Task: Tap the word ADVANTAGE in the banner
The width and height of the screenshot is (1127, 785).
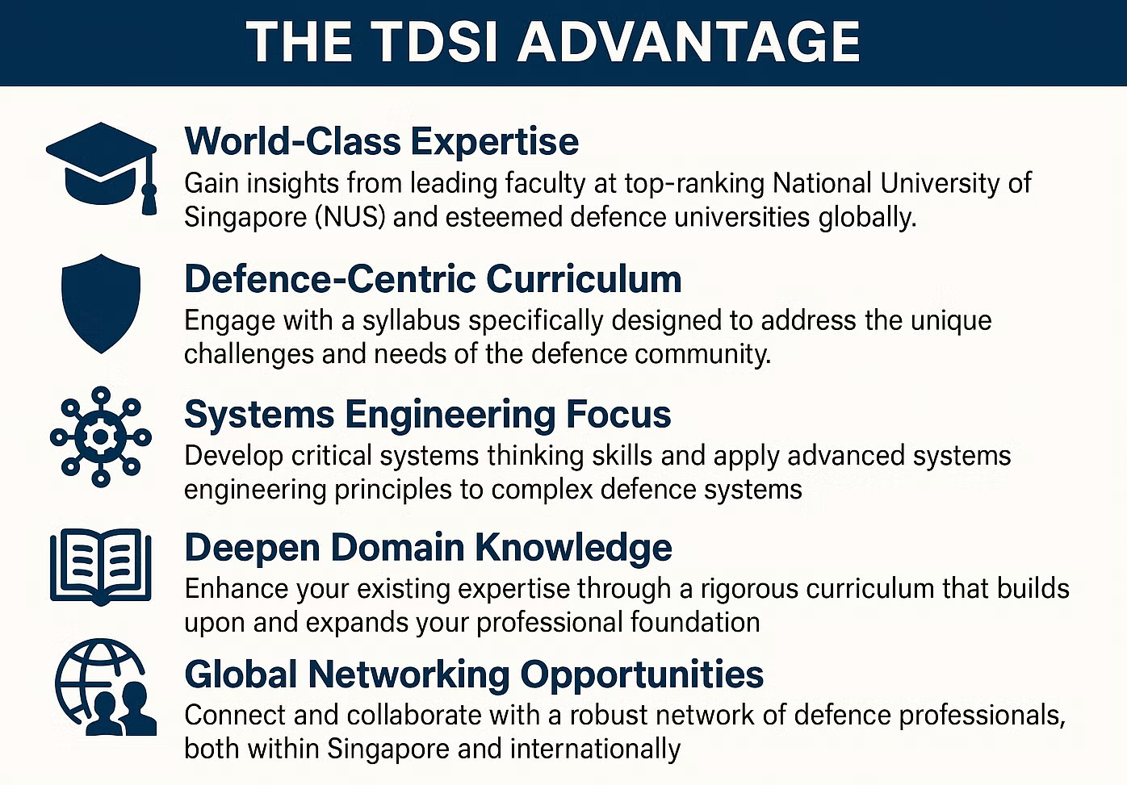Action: click(x=689, y=42)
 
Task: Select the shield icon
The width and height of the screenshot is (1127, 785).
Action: click(x=101, y=303)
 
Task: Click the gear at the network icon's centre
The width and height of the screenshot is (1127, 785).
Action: click(x=100, y=436)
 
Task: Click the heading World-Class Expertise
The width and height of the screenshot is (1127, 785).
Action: click(x=381, y=141)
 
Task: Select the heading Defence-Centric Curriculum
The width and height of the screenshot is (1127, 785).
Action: click(x=433, y=279)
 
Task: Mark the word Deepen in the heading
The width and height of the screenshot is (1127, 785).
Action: click(x=252, y=548)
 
